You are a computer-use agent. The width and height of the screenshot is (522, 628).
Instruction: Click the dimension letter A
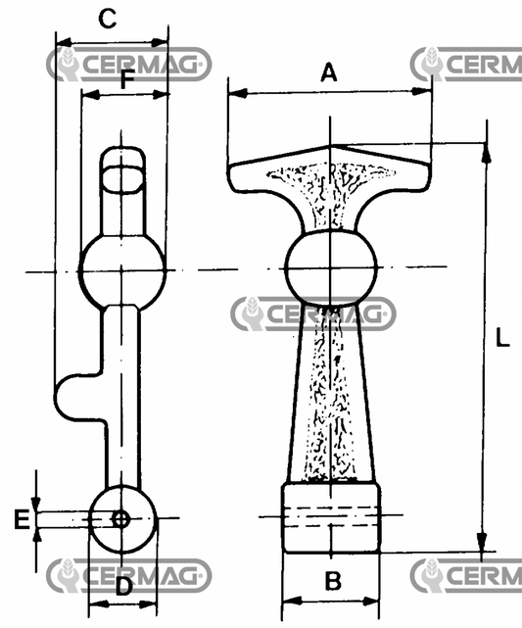pyautogui.click(x=329, y=72)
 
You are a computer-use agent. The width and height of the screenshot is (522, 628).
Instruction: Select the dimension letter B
pyautogui.click(x=333, y=580)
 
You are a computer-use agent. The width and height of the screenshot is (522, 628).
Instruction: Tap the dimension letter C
pyautogui.click(x=108, y=19)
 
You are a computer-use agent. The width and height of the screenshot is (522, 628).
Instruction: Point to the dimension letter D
pyautogui.click(x=123, y=587)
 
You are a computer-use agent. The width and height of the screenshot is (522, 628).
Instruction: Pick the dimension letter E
pyautogui.click(x=22, y=519)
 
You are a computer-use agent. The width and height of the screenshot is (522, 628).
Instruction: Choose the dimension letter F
pyautogui.click(x=127, y=79)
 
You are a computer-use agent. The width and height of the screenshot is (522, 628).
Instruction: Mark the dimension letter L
pyautogui.click(x=502, y=337)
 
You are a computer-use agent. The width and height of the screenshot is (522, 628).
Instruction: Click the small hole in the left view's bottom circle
pyautogui.click(x=120, y=519)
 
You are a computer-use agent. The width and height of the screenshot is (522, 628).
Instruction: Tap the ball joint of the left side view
pyautogui.click(x=122, y=271)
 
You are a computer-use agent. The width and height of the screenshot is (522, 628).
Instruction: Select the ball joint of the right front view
pyautogui.click(x=331, y=267)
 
